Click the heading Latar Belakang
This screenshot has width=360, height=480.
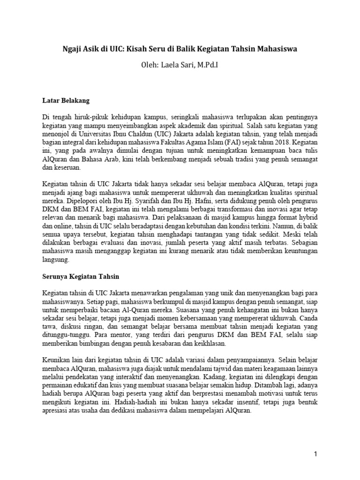click(66, 100)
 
